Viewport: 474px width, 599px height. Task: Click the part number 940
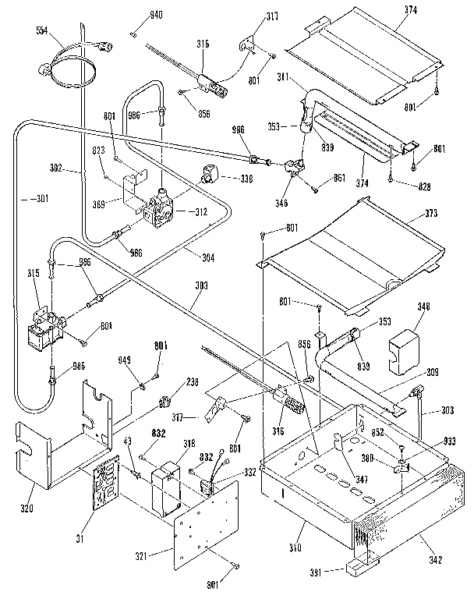point(156,16)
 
